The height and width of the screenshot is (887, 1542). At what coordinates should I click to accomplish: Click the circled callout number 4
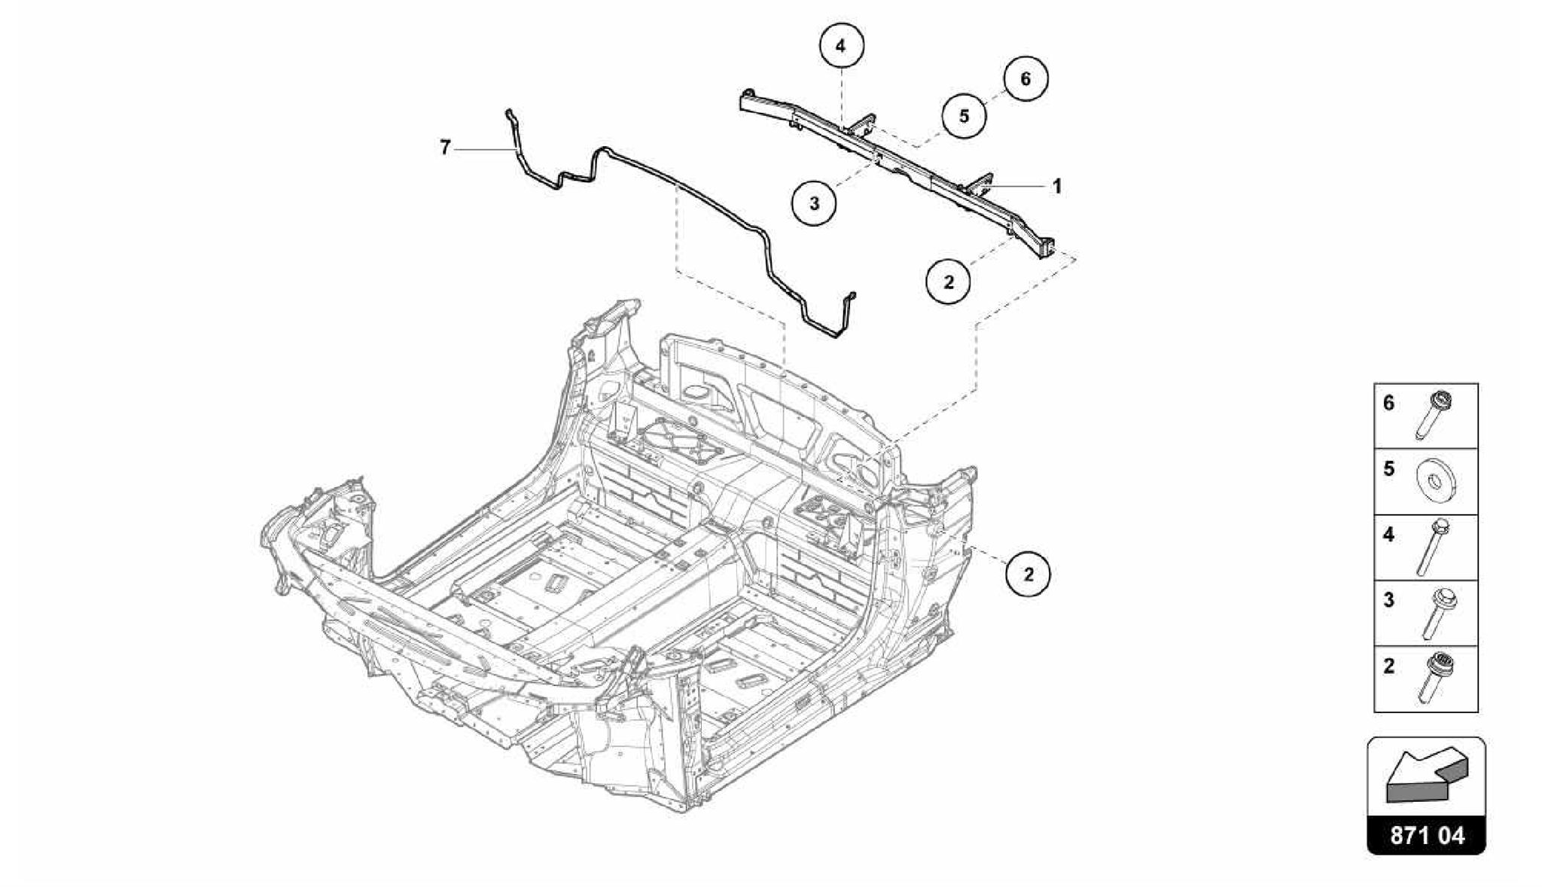(840, 46)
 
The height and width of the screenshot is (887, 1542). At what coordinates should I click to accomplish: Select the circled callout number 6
(1025, 78)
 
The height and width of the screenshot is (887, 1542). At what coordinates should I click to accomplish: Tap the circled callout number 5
(964, 116)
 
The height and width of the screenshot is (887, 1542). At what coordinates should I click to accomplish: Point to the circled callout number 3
(814, 203)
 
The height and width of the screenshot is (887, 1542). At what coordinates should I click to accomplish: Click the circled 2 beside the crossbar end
(948, 282)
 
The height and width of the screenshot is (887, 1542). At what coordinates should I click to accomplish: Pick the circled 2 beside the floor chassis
(1029, 574)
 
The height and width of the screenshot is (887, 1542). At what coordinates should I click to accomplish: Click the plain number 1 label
(1056, 186)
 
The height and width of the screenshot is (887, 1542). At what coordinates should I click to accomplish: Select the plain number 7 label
(445, 148)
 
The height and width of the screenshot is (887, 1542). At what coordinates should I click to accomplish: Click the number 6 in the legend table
(1388, 404)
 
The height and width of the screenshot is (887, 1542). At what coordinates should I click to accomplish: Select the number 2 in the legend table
(1388, 666)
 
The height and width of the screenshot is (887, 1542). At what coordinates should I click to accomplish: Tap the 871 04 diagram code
(1427, 836)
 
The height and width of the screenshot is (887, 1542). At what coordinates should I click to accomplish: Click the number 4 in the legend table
(1388, 535)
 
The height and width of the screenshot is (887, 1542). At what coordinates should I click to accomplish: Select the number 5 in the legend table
(1388, 469)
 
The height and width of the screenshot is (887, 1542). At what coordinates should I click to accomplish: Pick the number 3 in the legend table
(1388, 600)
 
